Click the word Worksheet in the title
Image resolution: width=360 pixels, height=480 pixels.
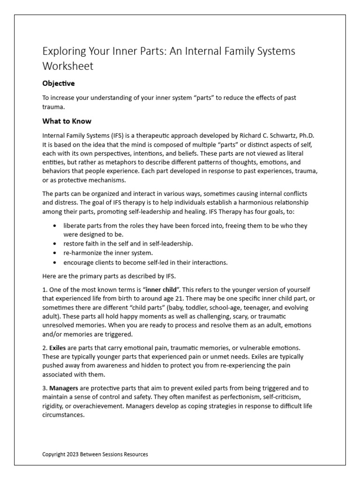[x=68, y=66]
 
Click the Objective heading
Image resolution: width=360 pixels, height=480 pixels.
[x=59, y=83]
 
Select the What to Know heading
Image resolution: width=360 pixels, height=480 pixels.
[x=67, y=121]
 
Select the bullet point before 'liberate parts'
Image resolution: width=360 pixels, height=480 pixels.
[x=56, y=225]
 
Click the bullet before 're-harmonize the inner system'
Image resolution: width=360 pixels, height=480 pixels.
[x=56, y=253]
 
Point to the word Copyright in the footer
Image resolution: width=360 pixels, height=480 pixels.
[x=54, y=454]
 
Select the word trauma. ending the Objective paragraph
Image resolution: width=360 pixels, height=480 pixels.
[x=53, y=106]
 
